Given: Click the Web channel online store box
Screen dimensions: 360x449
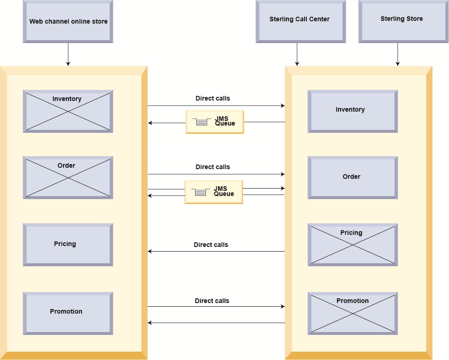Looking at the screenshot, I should pos(68,22).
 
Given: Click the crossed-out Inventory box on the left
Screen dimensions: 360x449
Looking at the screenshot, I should pos(68,111).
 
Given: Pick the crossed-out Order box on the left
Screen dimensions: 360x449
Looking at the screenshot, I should pos(68,177).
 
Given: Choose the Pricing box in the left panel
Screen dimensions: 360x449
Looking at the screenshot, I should pos(68,245).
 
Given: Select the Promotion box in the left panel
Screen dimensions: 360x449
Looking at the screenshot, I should pos(68,313).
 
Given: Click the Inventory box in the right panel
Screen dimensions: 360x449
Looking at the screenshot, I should pos(352,111).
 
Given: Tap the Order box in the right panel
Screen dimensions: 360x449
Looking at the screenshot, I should pos(352,177).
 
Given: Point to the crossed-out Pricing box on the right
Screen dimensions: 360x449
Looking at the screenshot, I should pos(352,245).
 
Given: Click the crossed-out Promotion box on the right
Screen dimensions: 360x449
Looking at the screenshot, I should pos(352,313).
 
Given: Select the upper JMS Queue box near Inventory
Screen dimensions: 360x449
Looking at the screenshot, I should pos(215,122).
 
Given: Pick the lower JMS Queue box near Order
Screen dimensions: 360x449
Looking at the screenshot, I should pos(213,192).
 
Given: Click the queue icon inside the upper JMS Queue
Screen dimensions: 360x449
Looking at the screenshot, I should pos(201,122).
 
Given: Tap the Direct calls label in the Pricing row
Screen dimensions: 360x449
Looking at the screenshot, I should pos(211,245).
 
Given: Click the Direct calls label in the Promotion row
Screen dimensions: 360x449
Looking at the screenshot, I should pos(212,301).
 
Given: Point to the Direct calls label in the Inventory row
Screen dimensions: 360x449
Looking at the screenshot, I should pos(212,98).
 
